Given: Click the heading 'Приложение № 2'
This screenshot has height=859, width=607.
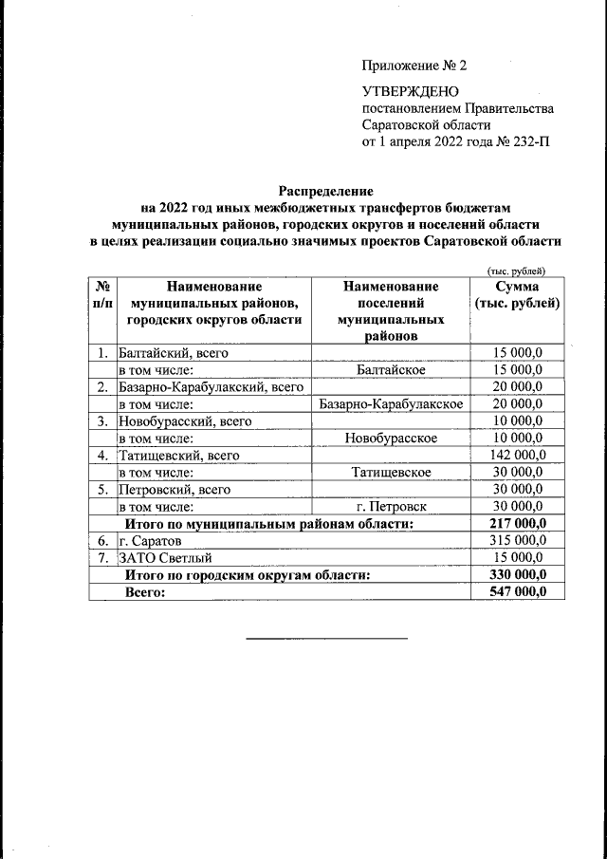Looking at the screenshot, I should [x=414, y=65].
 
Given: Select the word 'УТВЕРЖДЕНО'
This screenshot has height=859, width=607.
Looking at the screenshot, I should [x=410, y=92].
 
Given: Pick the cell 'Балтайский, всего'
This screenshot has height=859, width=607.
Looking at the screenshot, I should [x=173, y=353].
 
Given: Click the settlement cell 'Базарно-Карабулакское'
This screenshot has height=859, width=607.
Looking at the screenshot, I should [x=392, y=403].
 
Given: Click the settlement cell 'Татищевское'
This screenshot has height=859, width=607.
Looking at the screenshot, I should [x=392, y=472].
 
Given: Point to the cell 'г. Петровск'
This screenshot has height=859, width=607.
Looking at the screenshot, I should [x=392, y=506].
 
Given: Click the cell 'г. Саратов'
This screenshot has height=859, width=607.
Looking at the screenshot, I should [x=149, y=540].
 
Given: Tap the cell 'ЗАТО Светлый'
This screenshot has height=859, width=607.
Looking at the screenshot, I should [x=164, y=557].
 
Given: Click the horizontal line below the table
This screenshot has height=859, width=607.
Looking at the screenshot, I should [x=326, y=638].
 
